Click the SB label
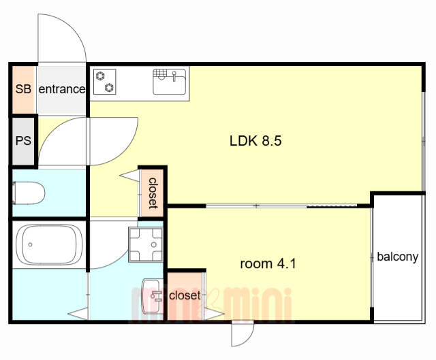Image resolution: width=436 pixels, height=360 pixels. (23, 88)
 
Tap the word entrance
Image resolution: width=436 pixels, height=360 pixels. (61, 89)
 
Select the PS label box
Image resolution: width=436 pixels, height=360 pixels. (23, 142)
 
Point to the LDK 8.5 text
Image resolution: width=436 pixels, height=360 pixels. (255, 142)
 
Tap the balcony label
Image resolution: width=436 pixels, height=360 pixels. (397, 257)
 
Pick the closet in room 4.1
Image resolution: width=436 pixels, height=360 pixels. (184, 295)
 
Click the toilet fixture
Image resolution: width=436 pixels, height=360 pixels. (30, 193)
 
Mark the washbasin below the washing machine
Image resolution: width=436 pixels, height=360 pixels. (151, 289)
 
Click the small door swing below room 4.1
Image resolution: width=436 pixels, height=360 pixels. (243, 334)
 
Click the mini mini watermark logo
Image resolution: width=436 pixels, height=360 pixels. (211, 303)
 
